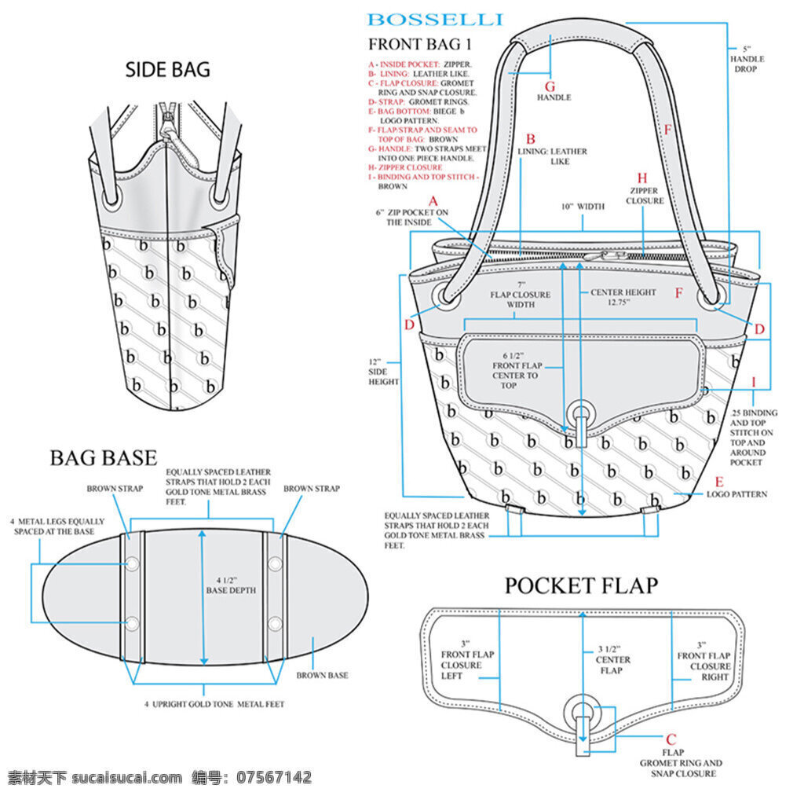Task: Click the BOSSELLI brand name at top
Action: [435, 20]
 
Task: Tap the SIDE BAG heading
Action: [168, 69]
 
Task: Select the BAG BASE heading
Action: [104, 458]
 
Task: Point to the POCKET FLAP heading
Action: [581, 585]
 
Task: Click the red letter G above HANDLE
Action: [550, 86]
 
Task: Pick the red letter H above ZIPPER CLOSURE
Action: [642, 178]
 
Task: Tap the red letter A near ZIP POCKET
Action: [433, 200]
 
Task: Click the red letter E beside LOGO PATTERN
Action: [719, 482]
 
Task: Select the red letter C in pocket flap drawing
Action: [671, 739]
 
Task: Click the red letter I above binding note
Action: [754, 383]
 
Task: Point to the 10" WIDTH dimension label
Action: [583, 207]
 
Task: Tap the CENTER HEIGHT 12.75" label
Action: [623, 297]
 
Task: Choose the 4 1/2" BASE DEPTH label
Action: [231, 585]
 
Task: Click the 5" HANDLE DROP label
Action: [747, 59]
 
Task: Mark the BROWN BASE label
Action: [322, 676]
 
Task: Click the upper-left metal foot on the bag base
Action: [132, 564]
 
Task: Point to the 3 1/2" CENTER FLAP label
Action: [612, 660]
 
